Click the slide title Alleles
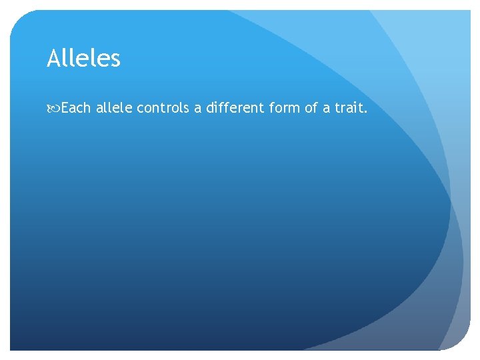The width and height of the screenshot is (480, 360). (83, 59)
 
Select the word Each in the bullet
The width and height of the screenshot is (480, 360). (75, 107)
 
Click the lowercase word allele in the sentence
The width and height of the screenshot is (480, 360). (114, 107)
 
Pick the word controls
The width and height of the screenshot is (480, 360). (163, 107)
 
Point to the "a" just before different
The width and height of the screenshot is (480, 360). (197, 108)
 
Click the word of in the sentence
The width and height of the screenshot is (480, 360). (311, 107)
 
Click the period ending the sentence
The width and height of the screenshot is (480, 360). (365, 111)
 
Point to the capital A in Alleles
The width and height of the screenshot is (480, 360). (53, 59)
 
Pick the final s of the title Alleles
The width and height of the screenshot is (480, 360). (116, 61)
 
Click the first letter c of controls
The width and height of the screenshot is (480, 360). (140, 109)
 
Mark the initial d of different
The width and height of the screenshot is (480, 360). (210, 107)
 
